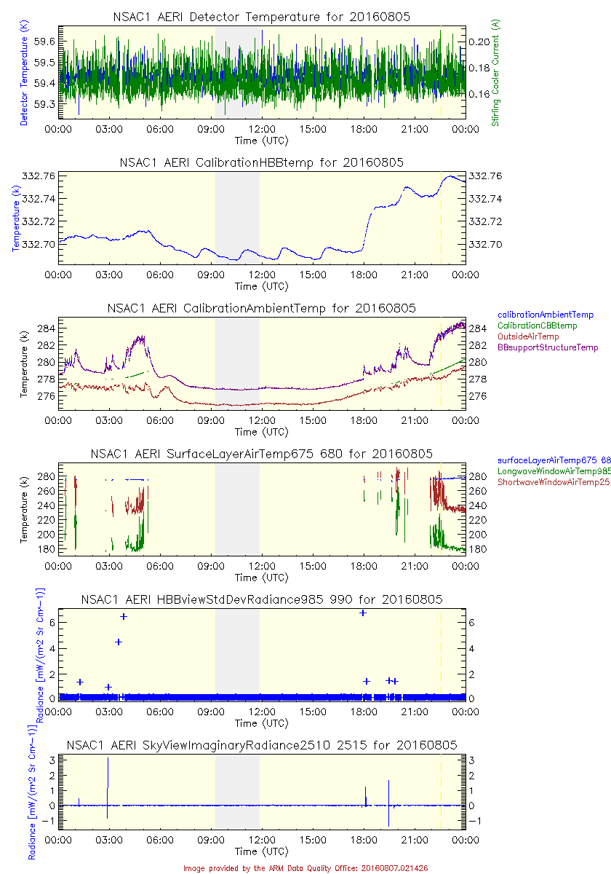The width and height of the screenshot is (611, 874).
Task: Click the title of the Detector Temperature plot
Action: pos(261,17)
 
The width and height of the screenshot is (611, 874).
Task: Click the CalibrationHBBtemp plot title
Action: pos(261,162)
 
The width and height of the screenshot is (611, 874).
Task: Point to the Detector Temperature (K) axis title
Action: pos(23,72)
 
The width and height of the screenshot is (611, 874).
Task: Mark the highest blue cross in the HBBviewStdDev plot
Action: pos(363,613)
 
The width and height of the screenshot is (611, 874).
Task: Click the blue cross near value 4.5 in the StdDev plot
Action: pos(119,642)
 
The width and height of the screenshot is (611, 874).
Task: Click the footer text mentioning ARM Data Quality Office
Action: pos(305,867)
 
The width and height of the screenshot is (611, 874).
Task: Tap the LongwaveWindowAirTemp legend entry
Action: pos(553,471)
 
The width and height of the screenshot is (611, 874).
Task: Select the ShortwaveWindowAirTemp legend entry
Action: pos(553,482)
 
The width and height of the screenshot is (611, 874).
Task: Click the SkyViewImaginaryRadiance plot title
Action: pos(261,745)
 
